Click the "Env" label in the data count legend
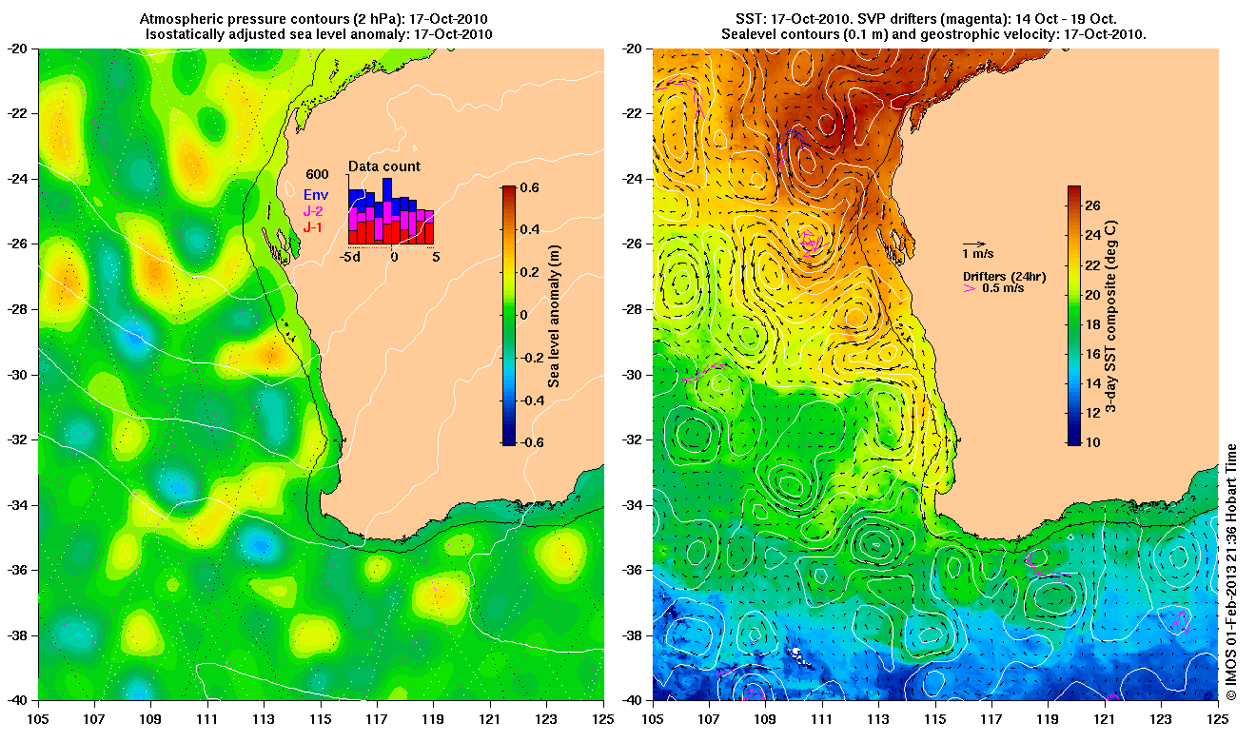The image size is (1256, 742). tap(315, 196)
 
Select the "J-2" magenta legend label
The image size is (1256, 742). tap(314, 211)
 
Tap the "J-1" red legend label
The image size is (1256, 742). tap(314, 227)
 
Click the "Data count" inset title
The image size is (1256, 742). tap(383, 166)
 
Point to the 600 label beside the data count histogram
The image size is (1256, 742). tap(316, 174)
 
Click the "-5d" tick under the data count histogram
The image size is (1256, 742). tap(349, 257)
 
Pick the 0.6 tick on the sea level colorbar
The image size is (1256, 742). tap(529, 187)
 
